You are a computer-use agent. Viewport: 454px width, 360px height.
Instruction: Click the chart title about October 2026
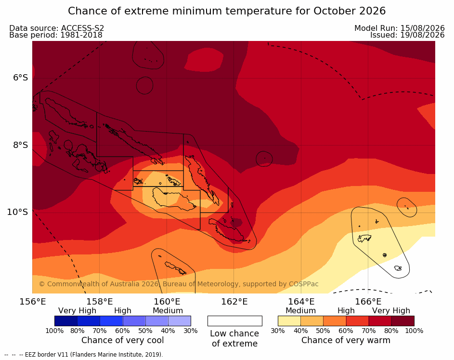227,11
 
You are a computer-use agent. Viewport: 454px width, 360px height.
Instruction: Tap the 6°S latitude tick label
21,78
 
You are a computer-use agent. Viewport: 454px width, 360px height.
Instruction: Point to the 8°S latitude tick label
21,145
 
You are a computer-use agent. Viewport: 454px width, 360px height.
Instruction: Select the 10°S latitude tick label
18,212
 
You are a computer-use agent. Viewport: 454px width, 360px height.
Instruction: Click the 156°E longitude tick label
33,302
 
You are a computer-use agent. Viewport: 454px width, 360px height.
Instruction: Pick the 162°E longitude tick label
234,302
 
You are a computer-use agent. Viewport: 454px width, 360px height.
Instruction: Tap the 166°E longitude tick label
368,302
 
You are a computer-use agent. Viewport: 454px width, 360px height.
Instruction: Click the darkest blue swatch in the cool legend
66,321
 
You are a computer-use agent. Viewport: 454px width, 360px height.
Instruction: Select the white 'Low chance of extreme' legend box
235,321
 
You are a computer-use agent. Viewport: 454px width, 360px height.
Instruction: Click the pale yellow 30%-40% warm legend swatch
289,321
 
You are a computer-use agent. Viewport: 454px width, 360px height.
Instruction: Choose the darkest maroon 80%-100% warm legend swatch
403,321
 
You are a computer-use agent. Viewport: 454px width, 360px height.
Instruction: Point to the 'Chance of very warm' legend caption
346,340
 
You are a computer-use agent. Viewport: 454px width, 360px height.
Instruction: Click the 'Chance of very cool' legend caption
122,340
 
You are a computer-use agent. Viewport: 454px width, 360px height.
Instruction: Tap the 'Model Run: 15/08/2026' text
400,28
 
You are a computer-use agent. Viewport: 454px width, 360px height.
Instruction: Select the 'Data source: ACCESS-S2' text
57,28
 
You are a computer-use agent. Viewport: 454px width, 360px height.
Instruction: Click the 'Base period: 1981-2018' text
56,35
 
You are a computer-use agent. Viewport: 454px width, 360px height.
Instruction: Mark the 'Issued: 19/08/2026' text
407,35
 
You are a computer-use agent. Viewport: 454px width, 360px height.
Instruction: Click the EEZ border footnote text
84,355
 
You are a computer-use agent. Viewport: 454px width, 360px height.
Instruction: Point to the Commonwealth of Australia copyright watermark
179,284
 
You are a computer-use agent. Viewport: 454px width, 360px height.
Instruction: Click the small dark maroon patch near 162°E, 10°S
236,223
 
